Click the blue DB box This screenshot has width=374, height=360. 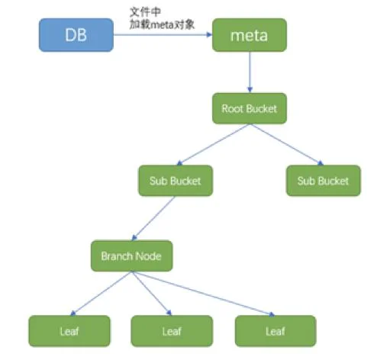76,35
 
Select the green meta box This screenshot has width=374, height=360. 250,35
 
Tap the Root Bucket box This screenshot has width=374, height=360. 250,108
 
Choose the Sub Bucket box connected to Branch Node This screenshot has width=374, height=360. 176,181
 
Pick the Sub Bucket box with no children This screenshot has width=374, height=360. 324,181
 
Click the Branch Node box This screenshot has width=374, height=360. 132,256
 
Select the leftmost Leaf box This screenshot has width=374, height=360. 69,331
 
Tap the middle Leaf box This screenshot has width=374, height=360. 172,331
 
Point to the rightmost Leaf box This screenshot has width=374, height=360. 276,331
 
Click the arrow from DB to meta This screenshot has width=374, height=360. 163,34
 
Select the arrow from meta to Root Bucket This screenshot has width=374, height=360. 250,72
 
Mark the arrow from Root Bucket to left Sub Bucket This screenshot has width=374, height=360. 213,145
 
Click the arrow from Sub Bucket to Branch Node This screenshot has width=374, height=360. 153,218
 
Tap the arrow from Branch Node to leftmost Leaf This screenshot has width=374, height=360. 101,294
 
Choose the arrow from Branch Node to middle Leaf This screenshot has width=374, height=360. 152,294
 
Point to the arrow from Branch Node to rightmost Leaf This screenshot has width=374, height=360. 203,294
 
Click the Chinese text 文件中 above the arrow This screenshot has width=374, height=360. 145,12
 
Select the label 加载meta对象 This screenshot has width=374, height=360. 162,24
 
